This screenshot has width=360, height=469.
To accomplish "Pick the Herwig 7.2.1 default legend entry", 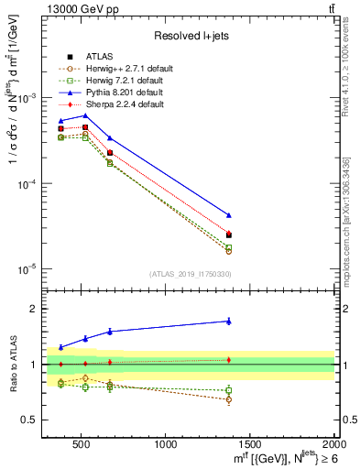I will [123, 82].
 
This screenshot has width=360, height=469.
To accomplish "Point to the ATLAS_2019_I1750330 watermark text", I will [190, 274].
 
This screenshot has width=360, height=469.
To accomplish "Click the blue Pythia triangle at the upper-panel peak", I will [85, 115].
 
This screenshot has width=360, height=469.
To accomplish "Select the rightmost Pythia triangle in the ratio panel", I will [229, 321].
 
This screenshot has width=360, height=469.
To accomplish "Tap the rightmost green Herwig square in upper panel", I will [229, 248].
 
